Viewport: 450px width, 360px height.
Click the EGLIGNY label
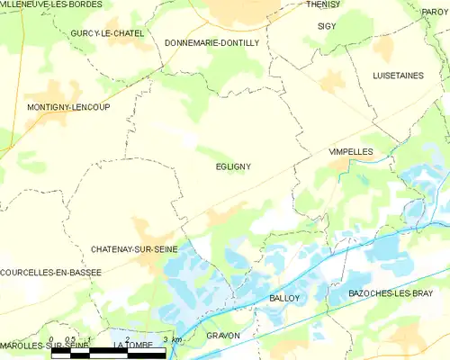(233, 166)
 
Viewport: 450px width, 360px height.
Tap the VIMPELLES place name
(351, 152)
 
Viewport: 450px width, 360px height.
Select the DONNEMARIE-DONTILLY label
(212, 42)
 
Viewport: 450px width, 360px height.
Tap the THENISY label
(323, 4)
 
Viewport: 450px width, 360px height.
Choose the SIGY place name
(327, 26)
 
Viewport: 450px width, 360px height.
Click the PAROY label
(435, 12)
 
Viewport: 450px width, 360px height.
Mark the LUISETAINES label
(398, 76)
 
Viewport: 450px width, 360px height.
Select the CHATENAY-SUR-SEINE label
(134, 247)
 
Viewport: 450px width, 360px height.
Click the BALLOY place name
(284, 297)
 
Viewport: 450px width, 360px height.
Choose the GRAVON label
(223, 335)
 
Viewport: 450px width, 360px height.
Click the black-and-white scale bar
(109, 353)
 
